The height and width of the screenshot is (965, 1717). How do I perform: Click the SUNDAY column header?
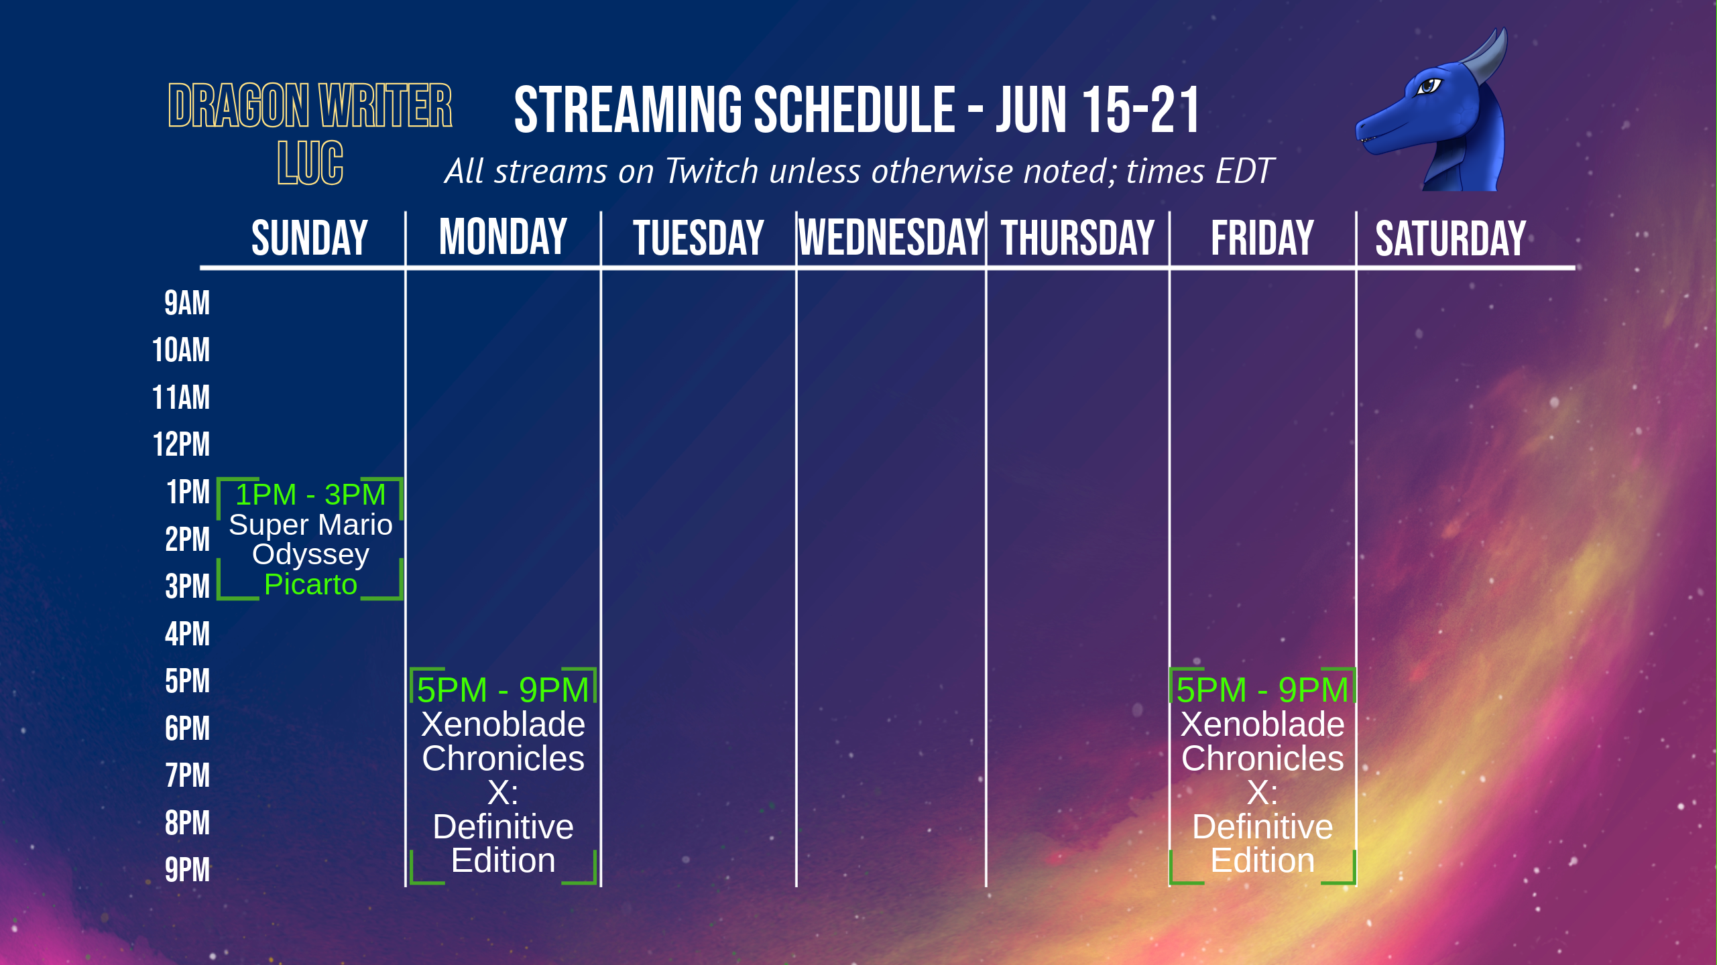coord(310,238)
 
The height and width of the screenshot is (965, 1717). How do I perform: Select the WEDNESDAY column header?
coord(891,238)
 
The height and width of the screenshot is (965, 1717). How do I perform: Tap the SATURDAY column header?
coord(1451,239)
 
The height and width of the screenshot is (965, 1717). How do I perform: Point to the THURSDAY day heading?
coord(1077,238)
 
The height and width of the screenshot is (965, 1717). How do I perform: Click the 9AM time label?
coord(187,303)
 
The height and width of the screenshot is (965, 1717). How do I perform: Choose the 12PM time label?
coord(181,444)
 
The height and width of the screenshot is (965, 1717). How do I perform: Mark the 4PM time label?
coord(187,634)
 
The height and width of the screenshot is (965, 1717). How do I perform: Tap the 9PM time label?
coord(187,870)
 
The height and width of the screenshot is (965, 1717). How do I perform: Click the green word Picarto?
coord(310,584)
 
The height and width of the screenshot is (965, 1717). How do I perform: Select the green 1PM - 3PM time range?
coord(310,495)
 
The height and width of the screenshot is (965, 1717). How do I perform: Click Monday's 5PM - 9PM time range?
coord(503,690)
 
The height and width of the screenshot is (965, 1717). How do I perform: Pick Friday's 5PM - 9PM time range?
coord(1262,690)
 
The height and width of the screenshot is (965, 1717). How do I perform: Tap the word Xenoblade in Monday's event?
coord(503,724)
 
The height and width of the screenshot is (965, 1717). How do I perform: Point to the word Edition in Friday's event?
coord(1262,860)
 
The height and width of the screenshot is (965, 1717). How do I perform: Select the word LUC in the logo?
coord(310,163)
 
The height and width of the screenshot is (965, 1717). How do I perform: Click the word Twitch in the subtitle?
coord(711,171)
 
